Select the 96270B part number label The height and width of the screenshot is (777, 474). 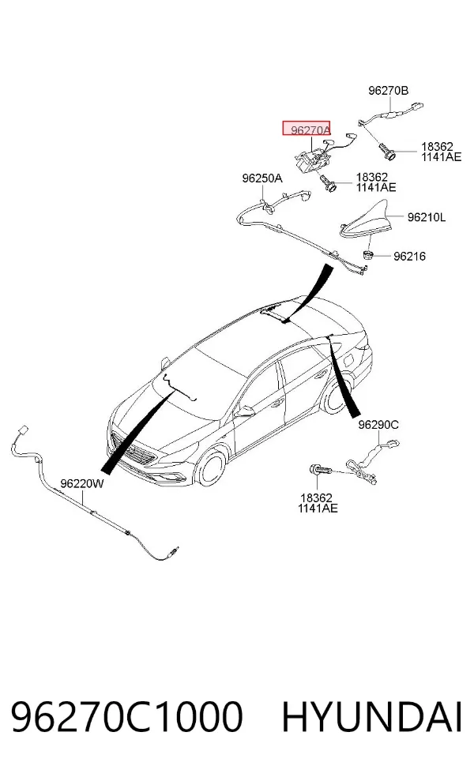(x=388, y=91)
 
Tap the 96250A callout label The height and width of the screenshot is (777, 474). (x=262, y=178)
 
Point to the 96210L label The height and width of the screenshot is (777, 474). (x=427, y=217)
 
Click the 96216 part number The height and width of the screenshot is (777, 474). (x=409, y=256)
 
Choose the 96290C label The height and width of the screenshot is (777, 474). (x=378, y=425)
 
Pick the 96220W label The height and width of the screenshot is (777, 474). (x=82, y=483)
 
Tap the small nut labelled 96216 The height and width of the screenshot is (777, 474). (x=367, y=255)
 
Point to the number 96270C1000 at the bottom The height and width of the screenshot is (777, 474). (x=127, y=716)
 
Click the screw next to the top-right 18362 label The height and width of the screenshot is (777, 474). (x=387, y=151)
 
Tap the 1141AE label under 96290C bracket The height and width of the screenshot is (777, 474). (x=318, y=509)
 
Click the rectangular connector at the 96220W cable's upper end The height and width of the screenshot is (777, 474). (x=21, y=430)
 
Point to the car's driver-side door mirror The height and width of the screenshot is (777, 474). (x=244, y=411)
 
